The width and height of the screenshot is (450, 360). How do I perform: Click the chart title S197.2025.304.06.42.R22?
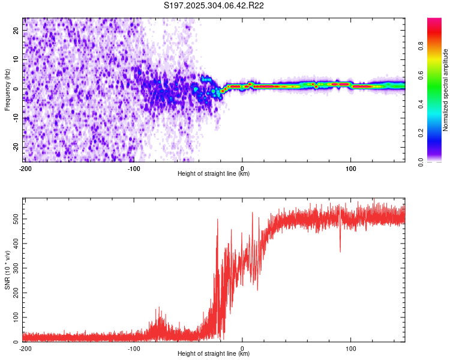tap(214, 5)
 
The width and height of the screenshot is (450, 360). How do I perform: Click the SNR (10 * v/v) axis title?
tap(7, 271)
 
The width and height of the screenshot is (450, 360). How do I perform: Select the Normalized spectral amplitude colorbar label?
tap(446, 90)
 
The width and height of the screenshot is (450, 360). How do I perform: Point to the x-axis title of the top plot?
tap(214, 174)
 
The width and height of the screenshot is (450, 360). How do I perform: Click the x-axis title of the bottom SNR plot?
tap(214, 354)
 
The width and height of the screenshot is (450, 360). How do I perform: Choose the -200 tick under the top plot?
tap(25, 167)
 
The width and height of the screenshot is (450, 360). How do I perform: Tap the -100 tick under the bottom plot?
tap(134, 348)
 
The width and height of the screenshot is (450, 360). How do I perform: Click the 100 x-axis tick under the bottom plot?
tap(351, 348)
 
